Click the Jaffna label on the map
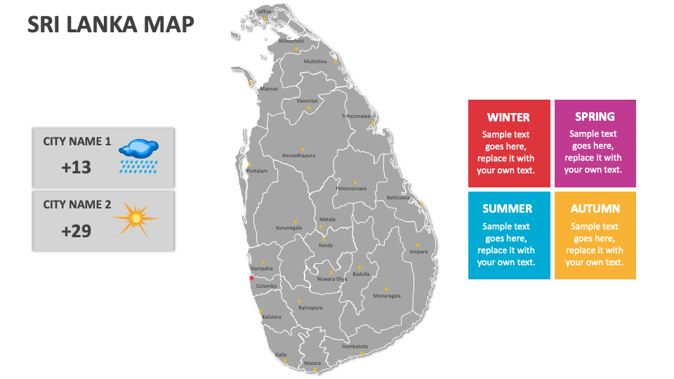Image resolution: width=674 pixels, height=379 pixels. pyautogui.click(x=264, y=11)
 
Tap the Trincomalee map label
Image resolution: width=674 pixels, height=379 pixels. pyautogui.click(x=356, y=116)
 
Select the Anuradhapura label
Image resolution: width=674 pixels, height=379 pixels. pyautogui.click(x=298, y=155)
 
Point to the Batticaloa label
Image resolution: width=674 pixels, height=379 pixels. pyautogui.click(x=398, y=198)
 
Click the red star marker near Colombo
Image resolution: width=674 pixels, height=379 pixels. pyautogui.click(x=251, y=278)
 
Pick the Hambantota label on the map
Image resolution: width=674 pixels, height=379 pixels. pyautogui.click(x=355, y=346)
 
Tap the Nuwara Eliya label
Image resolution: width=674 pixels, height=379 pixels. pyautogui.click(x=332, y=279)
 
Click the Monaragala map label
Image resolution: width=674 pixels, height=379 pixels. pyautogui.click(x=387, y=295)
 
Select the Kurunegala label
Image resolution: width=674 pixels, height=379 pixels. pyautogui.click(x=289, y=227)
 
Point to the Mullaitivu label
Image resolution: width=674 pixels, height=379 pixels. pyautogui.click(x=315, y=61)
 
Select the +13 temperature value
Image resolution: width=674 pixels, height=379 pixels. pyautogui.click(x=77, y=167)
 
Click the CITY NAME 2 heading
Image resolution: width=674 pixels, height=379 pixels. pyautogui.click(x=77, y=204)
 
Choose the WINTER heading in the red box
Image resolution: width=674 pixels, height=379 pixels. pyautogui.click(x=508, y=117)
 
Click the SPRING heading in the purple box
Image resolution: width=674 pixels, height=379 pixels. pyautogui.click(x=595, y=117)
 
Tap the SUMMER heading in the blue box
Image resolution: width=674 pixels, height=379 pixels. pyautogui.click(x=508, y=208)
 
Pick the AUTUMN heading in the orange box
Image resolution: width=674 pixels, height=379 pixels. pyautogui.click(x=595, y=208)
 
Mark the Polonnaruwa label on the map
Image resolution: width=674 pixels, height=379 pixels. pyautogui.click(x=351, y=188)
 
